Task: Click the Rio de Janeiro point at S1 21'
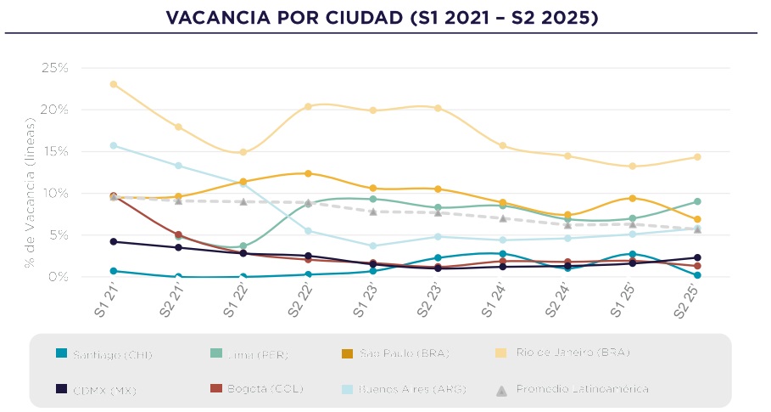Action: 114,84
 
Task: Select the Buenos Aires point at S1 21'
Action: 114,145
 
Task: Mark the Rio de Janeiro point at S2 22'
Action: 308,106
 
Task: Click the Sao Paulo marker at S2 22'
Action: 308,173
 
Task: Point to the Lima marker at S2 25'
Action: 697,201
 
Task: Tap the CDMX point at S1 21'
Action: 114,241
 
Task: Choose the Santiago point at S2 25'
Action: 697,275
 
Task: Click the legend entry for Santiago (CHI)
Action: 109,354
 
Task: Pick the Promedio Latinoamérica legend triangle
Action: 501,390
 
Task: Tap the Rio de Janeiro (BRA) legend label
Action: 573,353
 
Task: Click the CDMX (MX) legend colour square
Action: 61,389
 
